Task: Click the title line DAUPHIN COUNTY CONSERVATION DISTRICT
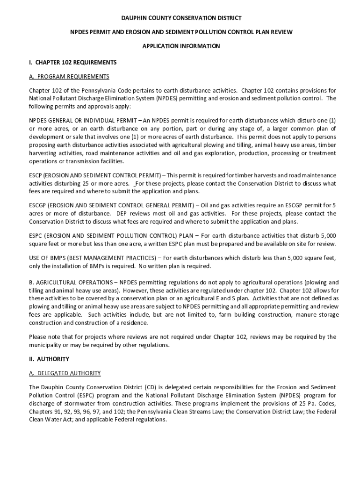(x=181, y=18)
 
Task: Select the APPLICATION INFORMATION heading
(x=181, y=46)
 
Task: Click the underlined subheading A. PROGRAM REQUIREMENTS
(x=69, y=76)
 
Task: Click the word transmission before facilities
(x=81, y=161)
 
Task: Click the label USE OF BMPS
(x=45, y=258)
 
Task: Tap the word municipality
(x=46, y=345)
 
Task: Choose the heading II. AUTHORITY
(x=49, y=359)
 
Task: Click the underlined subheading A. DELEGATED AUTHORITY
(x=65, y=373)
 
